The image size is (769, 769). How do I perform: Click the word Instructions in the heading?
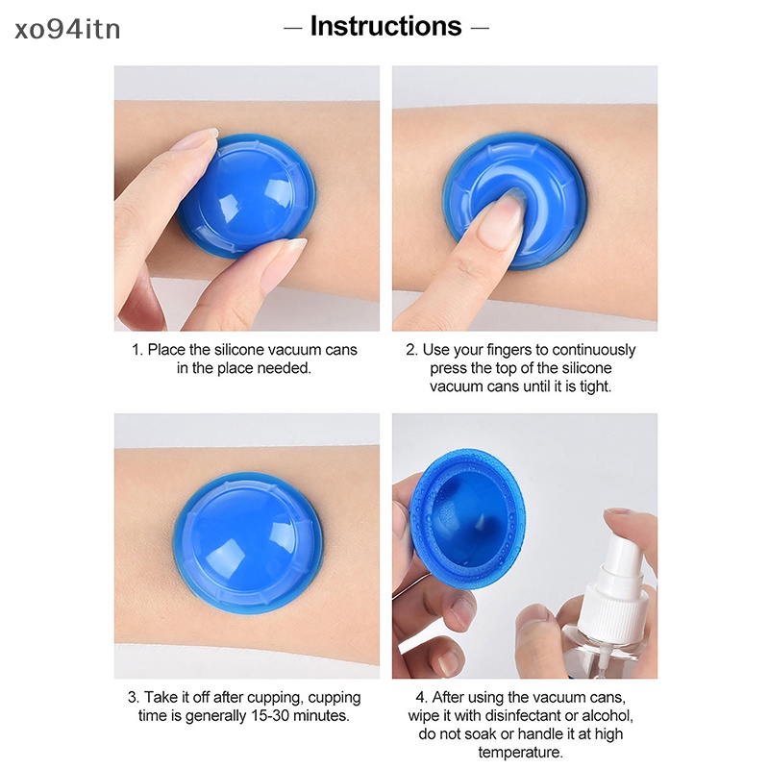click(x=385, y=26)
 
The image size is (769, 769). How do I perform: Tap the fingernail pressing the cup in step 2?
click(x=502, y=222)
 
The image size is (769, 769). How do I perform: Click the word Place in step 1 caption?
click(x=167, y=350)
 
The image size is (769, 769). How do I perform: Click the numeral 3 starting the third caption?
click(x=132, y=697)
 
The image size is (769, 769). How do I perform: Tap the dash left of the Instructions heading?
click(x=292, y=27)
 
